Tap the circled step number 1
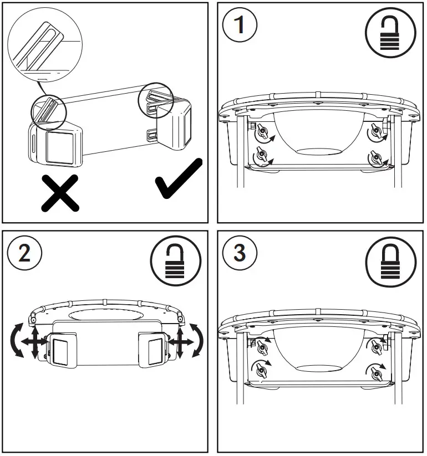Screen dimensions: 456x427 [x=240, y=25]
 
